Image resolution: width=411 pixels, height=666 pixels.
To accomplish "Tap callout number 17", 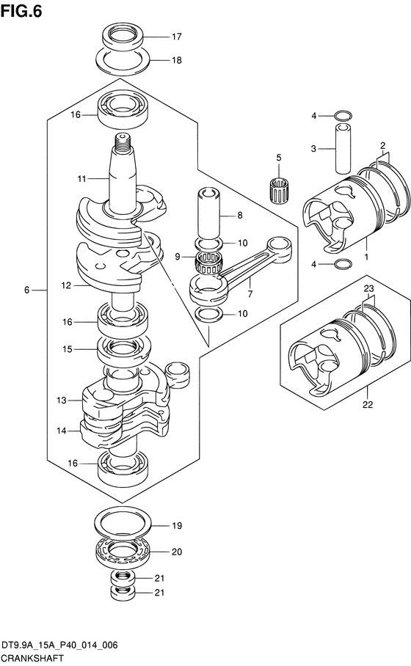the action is tap(176, 37).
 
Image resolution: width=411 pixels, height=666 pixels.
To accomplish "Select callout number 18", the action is tap(176, 60).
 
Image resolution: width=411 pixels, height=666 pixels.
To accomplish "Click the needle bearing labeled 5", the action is tap(278, 189).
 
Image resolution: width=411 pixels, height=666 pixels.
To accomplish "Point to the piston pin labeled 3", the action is tap(343, 149).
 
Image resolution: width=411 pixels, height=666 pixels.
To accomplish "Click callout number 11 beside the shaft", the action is tap(81, 179).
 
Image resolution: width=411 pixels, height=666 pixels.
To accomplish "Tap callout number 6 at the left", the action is tap(26, 290).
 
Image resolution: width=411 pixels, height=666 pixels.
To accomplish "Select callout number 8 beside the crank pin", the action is tap(240, 216).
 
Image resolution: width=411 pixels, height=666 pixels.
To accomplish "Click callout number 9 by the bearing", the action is tap(178, 257).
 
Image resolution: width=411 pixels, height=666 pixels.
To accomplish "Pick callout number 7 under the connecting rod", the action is tap(250, 293).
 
